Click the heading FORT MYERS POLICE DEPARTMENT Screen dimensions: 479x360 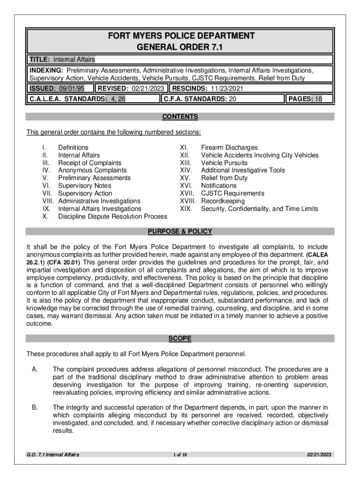(180, 36)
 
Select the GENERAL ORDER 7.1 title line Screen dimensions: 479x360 (180, 47)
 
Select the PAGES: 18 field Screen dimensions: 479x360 (309, 99)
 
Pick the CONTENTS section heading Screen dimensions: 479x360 (180, 117)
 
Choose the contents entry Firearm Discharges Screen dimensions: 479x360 (229, 147)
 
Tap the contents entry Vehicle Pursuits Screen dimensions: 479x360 (224, 163)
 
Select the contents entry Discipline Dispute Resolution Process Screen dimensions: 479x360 (112, 217)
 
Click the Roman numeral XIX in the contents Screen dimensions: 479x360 (186, 209)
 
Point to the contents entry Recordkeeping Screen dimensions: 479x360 (224, 201)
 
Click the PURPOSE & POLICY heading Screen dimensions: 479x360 (180, 232)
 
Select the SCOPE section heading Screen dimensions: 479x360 (180, 338)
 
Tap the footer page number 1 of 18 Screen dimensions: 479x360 (180, 455)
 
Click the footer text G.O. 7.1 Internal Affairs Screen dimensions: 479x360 (53, 455)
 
